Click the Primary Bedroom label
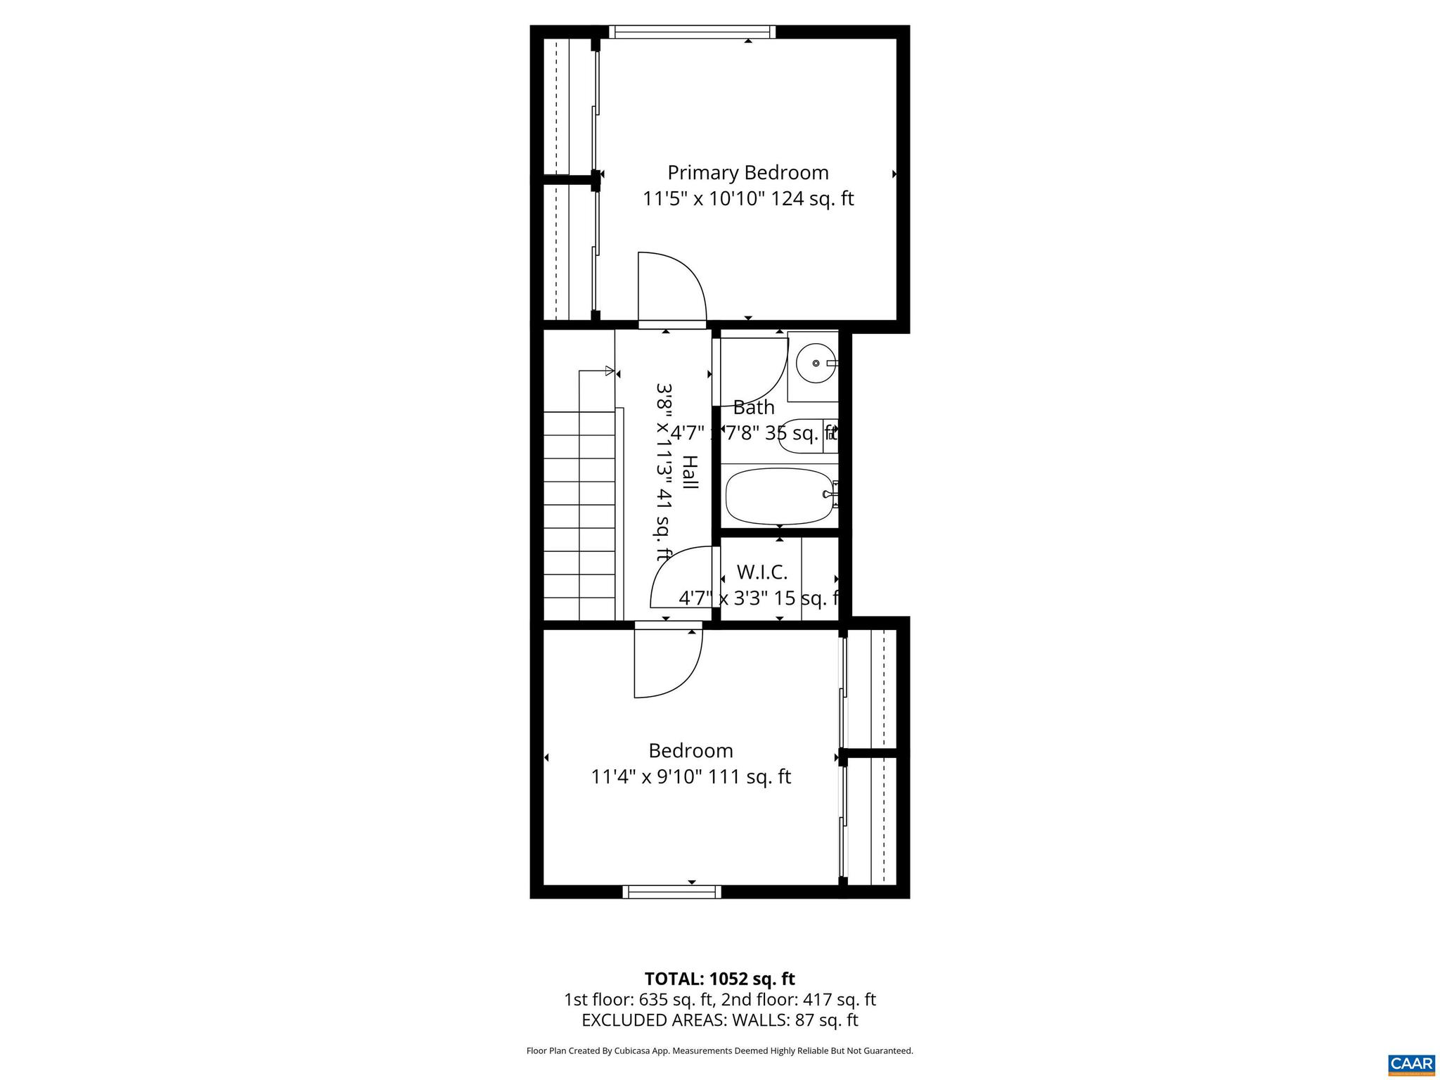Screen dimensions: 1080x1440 pyautogui.click(x=747, y=173)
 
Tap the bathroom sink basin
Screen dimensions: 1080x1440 pyautogui.click(x=816, y=364)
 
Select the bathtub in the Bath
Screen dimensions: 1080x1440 pyautogui.click(x=779, y=496)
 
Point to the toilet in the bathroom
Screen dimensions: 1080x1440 pyautogui.click(x=803, y=436)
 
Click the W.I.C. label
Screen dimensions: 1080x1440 pyautogui.click(x=761, y=572)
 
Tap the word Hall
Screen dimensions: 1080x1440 pyautogui.click(x=690, y=472)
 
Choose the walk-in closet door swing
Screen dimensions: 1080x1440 pyautogui.click(x=681, y=579)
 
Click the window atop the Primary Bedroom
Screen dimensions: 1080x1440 pyautogui.click(x=692, y=32)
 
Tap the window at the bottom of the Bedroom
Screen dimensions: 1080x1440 pyautogui.click(x=671, y=892)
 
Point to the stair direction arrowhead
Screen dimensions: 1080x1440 pyautogui.click(x=610, y=371)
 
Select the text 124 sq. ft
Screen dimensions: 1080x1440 pyautogui.click(x=812, y=199)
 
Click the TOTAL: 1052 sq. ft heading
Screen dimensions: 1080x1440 pyautogui.click(x=719, y=979)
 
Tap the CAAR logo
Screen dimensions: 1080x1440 pyautogui.click(x=1411, y=1064)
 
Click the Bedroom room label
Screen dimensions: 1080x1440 pyautogui.click(x=690, y=751)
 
